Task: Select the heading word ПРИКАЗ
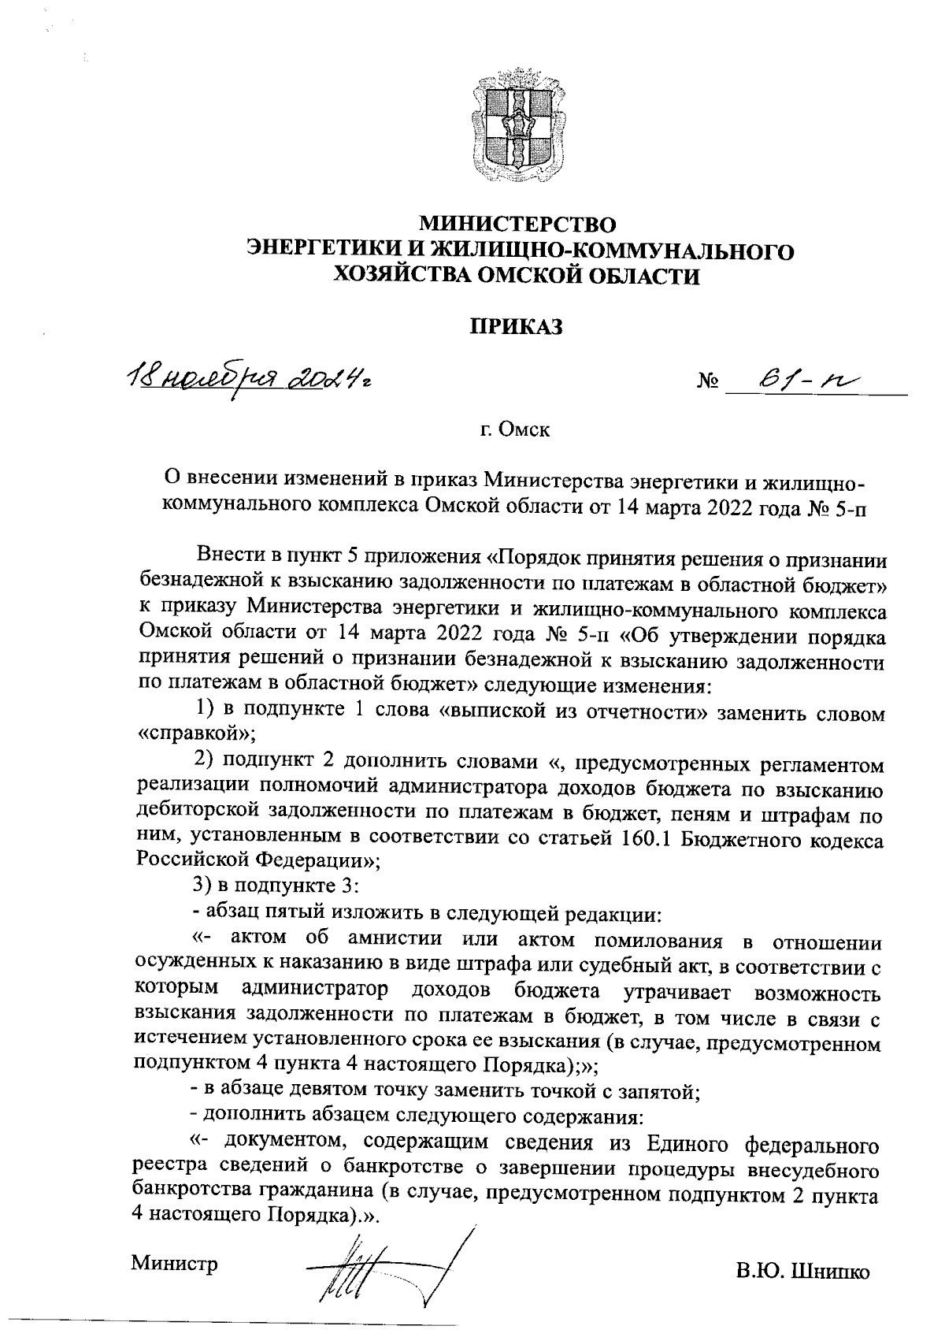pyautogui.click(x=517, y=327)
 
